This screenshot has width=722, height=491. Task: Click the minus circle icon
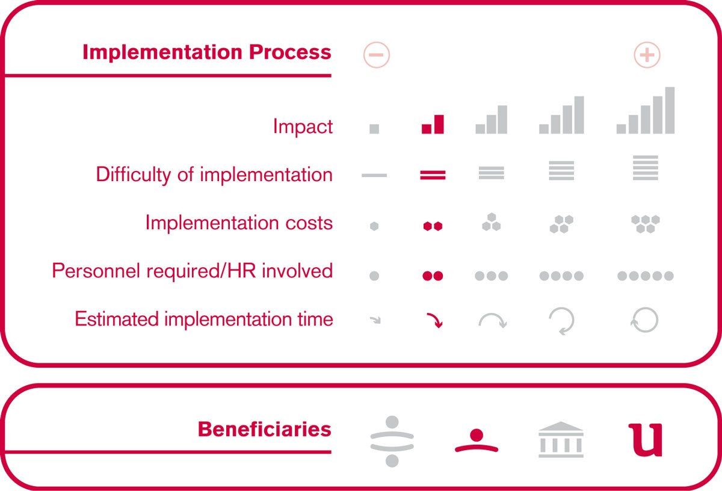[377, 55]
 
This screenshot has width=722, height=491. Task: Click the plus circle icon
[647, 55]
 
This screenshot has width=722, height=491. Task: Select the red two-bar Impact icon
[433, 124]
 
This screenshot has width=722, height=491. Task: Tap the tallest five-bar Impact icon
[645, 110]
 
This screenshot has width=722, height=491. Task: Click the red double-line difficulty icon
[433, 175]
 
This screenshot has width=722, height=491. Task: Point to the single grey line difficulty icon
[374, 175]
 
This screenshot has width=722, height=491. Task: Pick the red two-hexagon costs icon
[433, 226]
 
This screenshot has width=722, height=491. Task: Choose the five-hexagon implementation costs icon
[645, 224]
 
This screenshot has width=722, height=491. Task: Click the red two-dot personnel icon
[433, 276]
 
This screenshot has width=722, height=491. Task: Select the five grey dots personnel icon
[645, 276]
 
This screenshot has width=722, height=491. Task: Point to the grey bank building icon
[561, 439]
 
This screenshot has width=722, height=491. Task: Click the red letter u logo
[646, 440]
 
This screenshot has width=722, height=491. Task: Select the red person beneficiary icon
[477, 440]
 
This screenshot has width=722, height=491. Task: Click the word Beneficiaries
[265, 429]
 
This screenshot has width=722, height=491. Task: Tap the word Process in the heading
[290, 52]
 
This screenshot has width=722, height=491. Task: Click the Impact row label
[303, 126]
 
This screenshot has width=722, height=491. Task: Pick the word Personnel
[96, 270]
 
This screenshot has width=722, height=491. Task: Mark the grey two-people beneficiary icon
[392, 441]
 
